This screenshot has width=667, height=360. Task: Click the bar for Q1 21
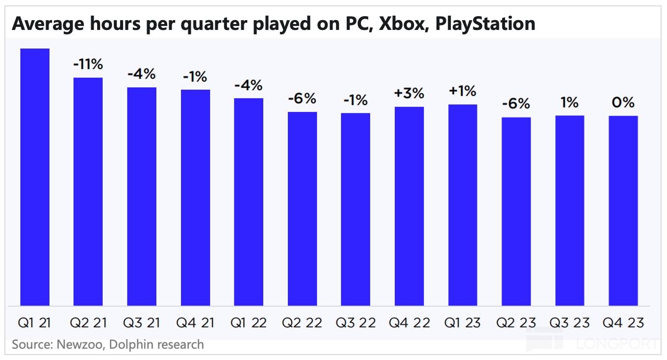click(34, 177)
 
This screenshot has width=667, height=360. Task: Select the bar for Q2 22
click(302, 208)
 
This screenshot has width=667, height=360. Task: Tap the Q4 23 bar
click(623, 211)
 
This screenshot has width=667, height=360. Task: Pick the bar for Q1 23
click(462, 205)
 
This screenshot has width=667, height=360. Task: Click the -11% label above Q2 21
click(88, 64)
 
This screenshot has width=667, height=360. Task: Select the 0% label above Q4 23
click(623, 103)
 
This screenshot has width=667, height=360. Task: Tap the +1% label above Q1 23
click(462, 91)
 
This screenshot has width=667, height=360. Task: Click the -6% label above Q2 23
click(516, 104)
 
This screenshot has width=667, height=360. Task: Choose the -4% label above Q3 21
click(141, 74)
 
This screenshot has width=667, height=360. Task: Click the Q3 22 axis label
click(356, 323)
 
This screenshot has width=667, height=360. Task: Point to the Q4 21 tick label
click(195, 323)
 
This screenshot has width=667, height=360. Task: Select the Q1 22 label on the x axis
click(249, 323)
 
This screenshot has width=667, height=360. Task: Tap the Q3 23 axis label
click(569, 323)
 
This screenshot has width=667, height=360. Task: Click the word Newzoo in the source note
click(76, 344)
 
